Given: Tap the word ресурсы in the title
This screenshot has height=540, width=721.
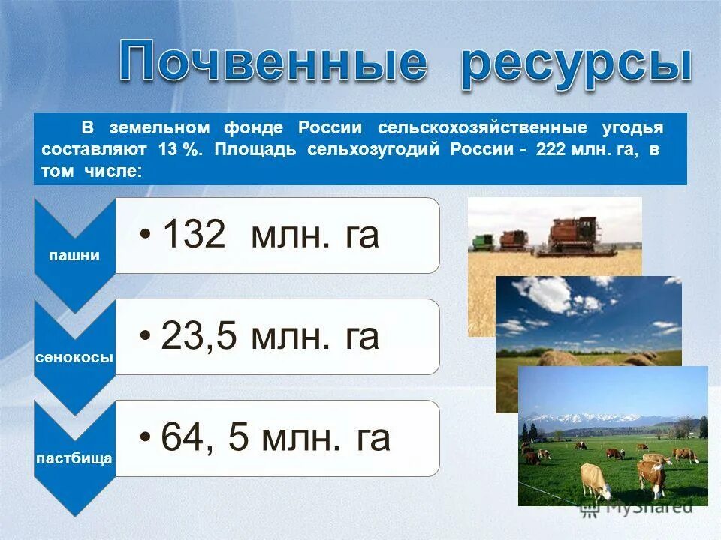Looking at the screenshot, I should pyautogui.click(x=575, y=66).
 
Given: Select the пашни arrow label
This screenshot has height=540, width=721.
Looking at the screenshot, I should pyautogui.click(x=74, y=255).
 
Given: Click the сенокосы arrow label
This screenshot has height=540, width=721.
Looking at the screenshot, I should pyautogui.click(x=74, y=357).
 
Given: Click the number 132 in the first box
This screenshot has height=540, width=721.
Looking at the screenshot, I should pyautogui.click(x=194, y=235).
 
